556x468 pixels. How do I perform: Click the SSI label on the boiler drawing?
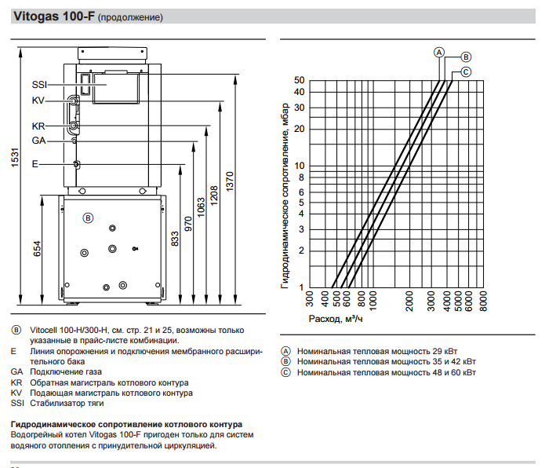tap(39, 84)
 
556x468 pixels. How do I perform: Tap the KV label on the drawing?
tap(38, 101)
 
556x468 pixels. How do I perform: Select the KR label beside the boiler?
tap(38, 126)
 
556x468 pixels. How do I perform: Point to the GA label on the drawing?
tap(38, 141)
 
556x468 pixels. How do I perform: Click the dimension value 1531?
tap(15, 157)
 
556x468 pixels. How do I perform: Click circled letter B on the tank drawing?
tap(88, 218)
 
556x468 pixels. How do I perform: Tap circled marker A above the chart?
tap(439, 52)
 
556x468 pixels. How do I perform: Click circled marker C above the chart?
tap(465, 72)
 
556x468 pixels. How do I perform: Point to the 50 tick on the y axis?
tap(299, 81)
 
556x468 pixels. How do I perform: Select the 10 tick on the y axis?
tap(299, 166)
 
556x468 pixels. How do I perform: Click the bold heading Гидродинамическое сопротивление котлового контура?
tap(125, 424)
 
